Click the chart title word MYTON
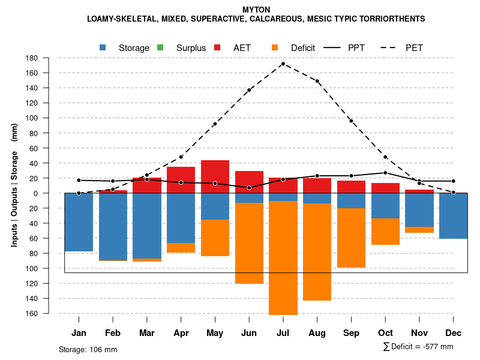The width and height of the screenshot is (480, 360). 256,10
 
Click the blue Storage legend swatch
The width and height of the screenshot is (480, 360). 104,47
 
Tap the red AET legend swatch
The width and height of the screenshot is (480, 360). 218,47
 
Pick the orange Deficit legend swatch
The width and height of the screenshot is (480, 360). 275,47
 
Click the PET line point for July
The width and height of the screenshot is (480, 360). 283,64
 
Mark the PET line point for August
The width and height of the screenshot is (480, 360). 317,81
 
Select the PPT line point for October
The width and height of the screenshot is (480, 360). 385,173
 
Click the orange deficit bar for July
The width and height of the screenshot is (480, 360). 283,258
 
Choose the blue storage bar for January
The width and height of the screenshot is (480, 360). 79,222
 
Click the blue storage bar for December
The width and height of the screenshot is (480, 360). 453,216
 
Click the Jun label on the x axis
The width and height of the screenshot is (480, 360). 249,333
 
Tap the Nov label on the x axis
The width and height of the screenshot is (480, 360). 419,333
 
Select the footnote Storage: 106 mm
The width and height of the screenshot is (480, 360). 88,349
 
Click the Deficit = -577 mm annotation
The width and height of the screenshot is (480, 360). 418,347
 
